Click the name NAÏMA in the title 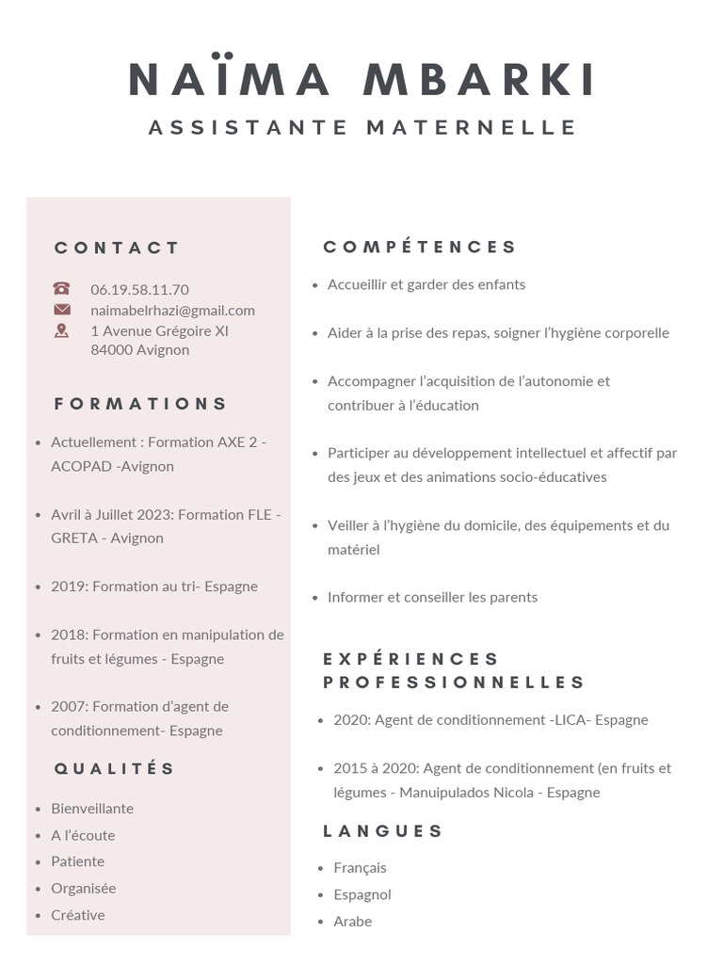(229, 80)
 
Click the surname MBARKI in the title (479, 80)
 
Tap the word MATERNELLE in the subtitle (472, 127)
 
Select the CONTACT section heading (117, 248)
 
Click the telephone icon (62, 289)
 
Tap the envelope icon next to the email (62, 310)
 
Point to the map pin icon (62, 330)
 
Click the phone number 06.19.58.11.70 (139, 289)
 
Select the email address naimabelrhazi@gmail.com (172, 310)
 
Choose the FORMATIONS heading (141, 404)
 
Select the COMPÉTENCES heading (420, 247)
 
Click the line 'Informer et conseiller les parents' (432, 597)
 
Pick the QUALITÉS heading (115, 768)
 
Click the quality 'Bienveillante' (92, 809)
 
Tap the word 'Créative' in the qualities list (78, 915)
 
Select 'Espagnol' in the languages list (362, 894)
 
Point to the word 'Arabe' (353, 922)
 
